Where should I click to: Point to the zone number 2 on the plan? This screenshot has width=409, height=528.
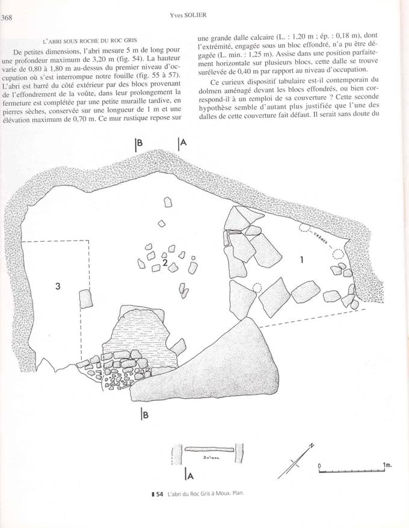[x=164, y=263]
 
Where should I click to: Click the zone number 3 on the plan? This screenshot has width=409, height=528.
[x=58, y=286]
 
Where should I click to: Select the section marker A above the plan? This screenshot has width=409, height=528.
[x=183, y=144]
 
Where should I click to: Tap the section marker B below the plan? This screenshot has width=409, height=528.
[x=145, y=414]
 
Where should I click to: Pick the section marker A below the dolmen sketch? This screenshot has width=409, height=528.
[x=189, y=476]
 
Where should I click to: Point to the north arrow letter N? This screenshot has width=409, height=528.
[x=312, y=446]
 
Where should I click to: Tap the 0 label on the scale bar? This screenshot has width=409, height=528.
[x=320, y=465]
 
